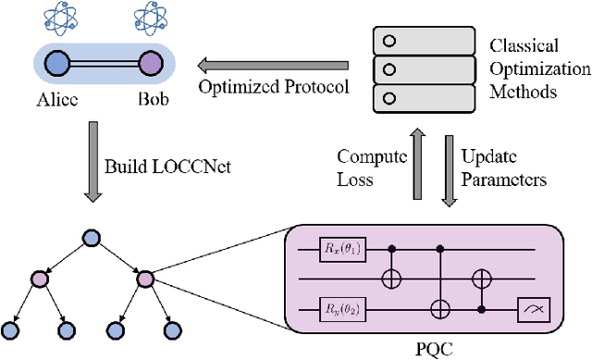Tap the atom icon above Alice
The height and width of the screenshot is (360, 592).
point(57,19)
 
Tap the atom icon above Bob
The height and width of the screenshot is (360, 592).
point(148,19)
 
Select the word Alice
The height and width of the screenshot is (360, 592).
point(56,100)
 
